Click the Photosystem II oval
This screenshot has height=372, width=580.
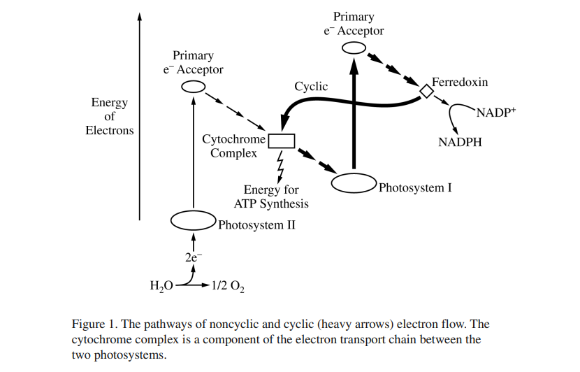tap(193, 221)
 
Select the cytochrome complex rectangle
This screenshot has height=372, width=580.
tap(282, 141)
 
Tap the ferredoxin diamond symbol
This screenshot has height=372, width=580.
tap(426, 92)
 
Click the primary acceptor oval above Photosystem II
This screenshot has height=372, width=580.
tap(194, 87)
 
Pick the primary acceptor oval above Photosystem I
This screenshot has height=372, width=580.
tap(354, 48)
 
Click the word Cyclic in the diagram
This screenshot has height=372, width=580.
tap(311, 87)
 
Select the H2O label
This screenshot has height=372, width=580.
tap(161, 287)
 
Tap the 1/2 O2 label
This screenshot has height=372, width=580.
tap(226, 287)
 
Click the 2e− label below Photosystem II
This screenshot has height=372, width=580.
tap(194, 257)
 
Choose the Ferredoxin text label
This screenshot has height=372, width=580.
tap(460, 83)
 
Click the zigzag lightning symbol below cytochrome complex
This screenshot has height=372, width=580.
tap(281, 166)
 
